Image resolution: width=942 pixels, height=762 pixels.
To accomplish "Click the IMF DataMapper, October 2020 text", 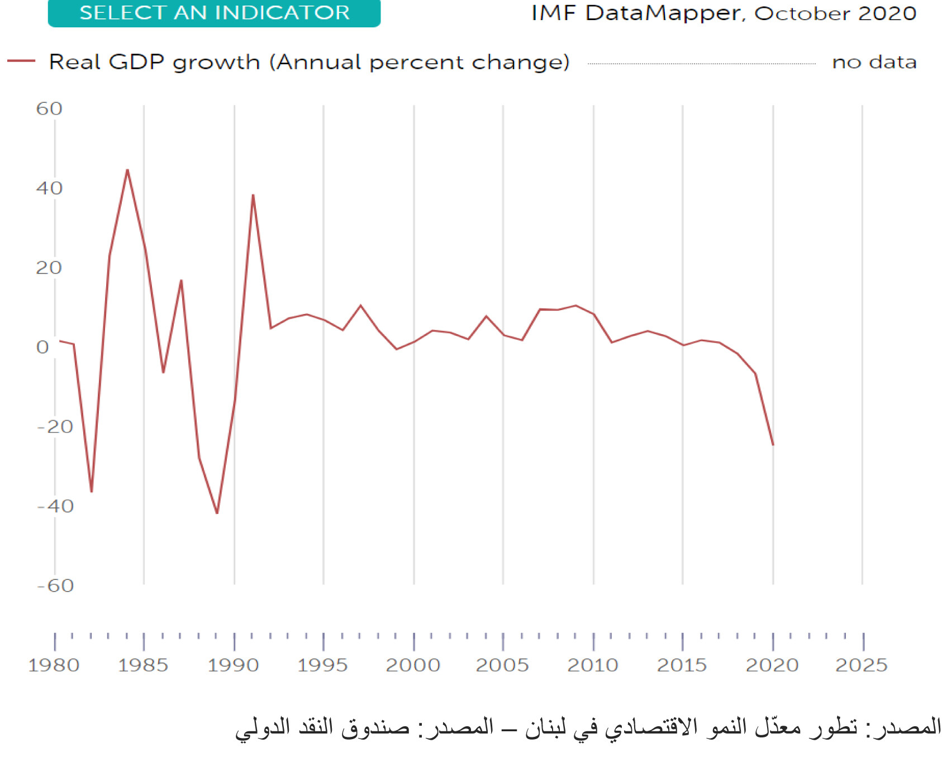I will (724, 13).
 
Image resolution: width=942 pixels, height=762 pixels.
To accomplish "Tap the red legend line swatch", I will (21, 61).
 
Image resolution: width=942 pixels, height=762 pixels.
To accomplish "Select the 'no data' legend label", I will (874, 62).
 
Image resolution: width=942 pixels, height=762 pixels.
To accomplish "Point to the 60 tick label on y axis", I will (49, 108).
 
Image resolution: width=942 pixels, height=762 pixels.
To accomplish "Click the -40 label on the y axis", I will (55, 506).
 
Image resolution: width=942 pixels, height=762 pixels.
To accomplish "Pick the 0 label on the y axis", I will (42, 347).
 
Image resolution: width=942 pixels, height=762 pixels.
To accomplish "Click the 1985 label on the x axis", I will (143, 665).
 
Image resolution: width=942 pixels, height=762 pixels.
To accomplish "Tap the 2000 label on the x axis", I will (413, 665).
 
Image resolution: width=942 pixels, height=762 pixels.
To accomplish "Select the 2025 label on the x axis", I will (861, 665).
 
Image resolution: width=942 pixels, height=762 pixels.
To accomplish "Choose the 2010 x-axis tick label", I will (592, 665).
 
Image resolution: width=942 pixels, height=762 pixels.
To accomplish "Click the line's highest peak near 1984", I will (127, 170).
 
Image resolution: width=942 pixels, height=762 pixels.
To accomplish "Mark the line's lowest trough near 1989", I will (217, 513).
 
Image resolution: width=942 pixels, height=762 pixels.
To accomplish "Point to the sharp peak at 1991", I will (253, 195).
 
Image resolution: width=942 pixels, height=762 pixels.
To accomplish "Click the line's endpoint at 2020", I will (773, 445).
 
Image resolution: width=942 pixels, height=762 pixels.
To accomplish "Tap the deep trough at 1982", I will (92, 492).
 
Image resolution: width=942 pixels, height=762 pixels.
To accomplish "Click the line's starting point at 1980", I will (59, 340).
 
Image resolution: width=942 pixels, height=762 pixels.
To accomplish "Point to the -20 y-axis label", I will (55, 427).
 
